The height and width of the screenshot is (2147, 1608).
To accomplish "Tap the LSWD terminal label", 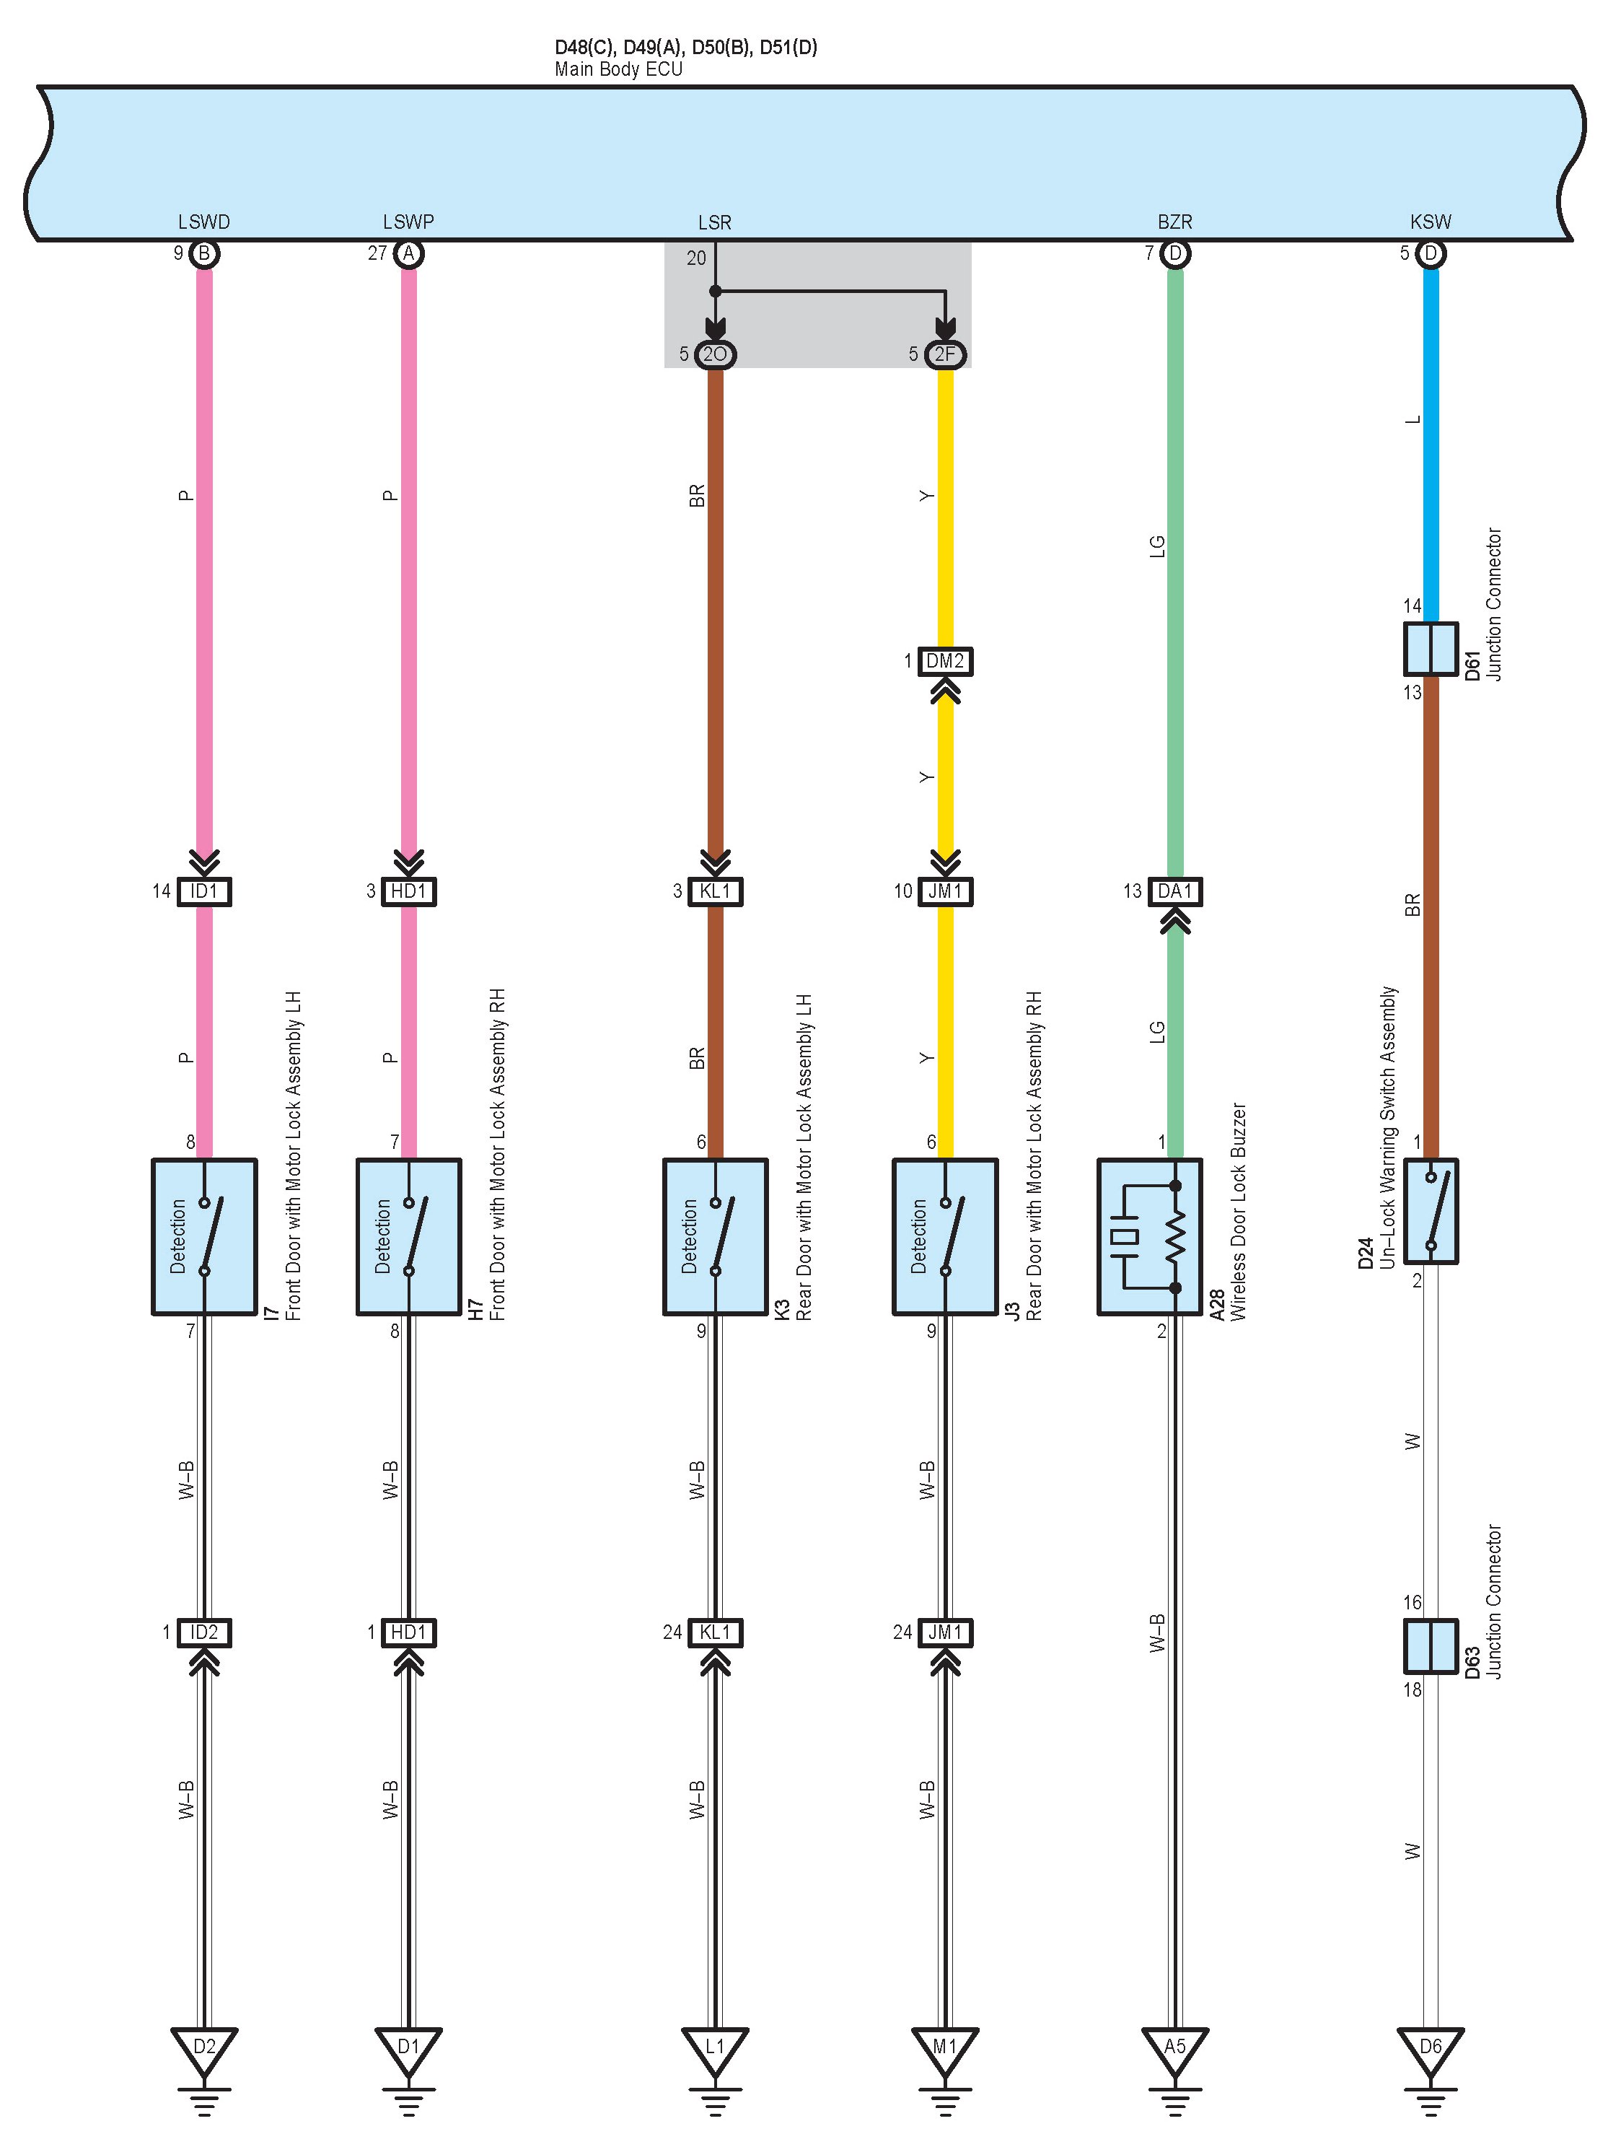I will (x=203, y=222).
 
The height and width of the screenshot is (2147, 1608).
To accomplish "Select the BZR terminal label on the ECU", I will (x=1174, y=222).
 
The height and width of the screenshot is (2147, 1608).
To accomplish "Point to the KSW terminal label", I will (x=1431, y=222).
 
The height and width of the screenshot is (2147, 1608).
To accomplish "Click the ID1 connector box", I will (x=203, y=891).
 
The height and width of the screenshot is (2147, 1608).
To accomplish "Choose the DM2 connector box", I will (x=945, y=662).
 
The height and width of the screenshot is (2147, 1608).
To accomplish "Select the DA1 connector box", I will (x=1174, y=891).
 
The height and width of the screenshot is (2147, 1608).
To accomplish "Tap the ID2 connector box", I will (x=203, y=1632).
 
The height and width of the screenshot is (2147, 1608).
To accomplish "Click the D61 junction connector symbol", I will (x=1431, y=648).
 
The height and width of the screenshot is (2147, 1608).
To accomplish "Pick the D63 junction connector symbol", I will (x=1431, y=1646).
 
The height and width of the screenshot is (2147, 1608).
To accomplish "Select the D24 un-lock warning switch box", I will (x=1431, y=1210).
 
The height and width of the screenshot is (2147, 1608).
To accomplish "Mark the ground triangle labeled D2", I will (x=203, y=2048).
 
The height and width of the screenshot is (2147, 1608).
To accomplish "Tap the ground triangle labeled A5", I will (x=1174, y=2048).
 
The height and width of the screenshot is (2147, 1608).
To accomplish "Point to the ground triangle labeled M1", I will (x=945, y=2048).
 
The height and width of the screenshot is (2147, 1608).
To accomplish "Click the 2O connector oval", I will (x=715, y=354).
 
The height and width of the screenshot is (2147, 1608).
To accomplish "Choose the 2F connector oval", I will (x=945, y=354).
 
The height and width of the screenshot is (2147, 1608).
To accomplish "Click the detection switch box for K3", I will (x=715, y=1236).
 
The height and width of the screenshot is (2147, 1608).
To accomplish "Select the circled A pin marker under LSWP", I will (x=408, y=254).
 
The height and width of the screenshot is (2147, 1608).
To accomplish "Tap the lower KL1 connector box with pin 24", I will (x=715, y=1632).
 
